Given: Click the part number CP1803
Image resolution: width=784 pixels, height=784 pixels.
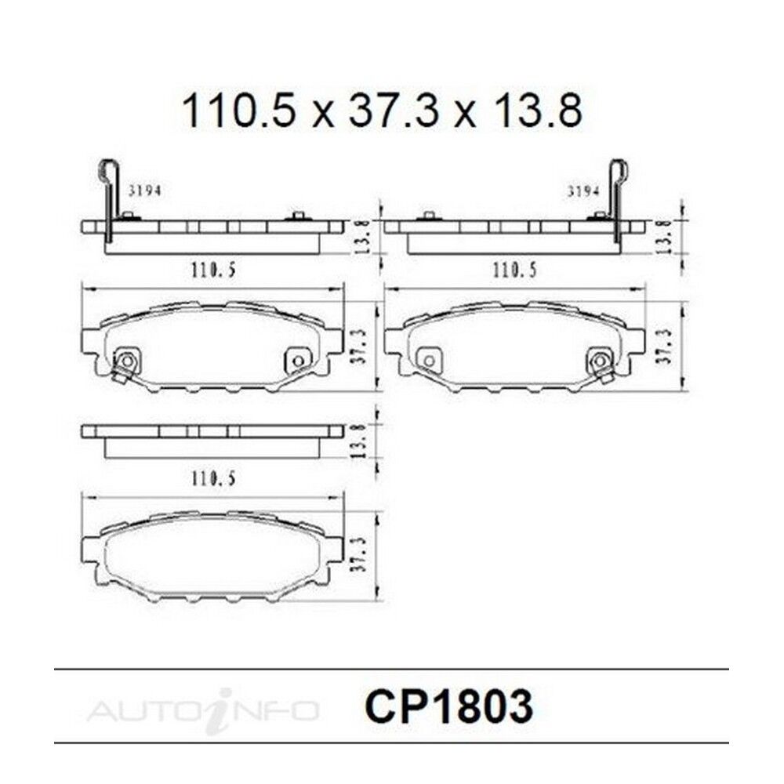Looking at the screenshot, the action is click(x=448, y=707).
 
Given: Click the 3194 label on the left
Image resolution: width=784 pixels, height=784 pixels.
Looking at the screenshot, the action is click(x=145, y=191).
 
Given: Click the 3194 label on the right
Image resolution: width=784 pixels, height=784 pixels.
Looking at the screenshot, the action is click(x=583, y=191).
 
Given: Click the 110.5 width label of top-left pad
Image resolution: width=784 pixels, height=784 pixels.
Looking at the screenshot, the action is click(x=213, y=270).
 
